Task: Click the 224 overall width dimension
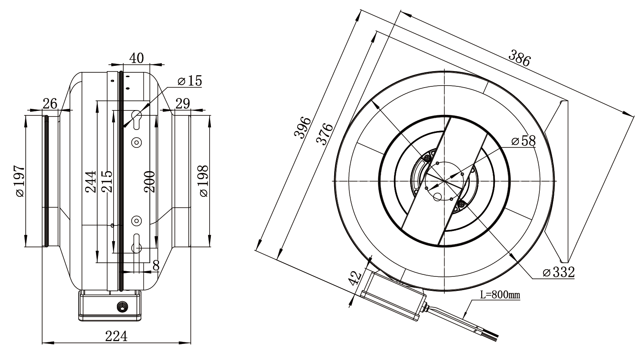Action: point(116,336)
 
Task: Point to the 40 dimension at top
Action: point(137,58)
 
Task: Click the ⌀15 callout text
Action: point(190,81)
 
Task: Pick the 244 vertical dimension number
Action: point(91,182)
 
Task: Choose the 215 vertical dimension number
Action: point(107,182)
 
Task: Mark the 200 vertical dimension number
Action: point(149,182)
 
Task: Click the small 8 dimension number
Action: point(156,265)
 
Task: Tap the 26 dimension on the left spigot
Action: point(50,103)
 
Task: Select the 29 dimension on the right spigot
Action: point(183,103)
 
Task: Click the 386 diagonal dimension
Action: point(519,58)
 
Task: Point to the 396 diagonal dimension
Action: point(303,127)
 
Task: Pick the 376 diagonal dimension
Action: point(325,134)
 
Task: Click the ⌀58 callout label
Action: point(523,141)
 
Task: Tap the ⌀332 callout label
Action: point(559,272)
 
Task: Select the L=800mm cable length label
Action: point(500,295)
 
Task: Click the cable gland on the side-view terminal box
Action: point(122,307)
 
